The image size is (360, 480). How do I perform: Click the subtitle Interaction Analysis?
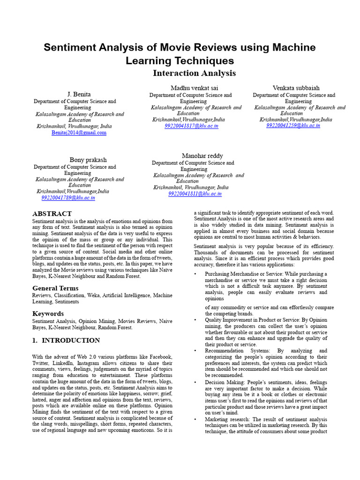pos(195,73)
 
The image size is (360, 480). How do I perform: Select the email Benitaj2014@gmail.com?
pos(79,133)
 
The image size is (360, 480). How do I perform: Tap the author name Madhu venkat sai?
pos(194,88)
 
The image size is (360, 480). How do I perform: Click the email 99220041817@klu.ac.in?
pos(191,126)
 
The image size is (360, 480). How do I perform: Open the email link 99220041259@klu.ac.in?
pos(293,126)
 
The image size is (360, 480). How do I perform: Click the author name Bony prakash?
pos(88,160)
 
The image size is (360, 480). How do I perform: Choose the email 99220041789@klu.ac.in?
pos(68,198)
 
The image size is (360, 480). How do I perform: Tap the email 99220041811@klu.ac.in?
pos(195,194)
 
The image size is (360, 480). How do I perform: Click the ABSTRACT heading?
pos(52,214)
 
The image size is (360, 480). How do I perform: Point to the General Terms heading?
pos(55,288)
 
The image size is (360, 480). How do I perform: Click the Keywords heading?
pos(48,314)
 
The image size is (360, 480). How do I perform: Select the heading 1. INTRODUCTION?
pos(66,340)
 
